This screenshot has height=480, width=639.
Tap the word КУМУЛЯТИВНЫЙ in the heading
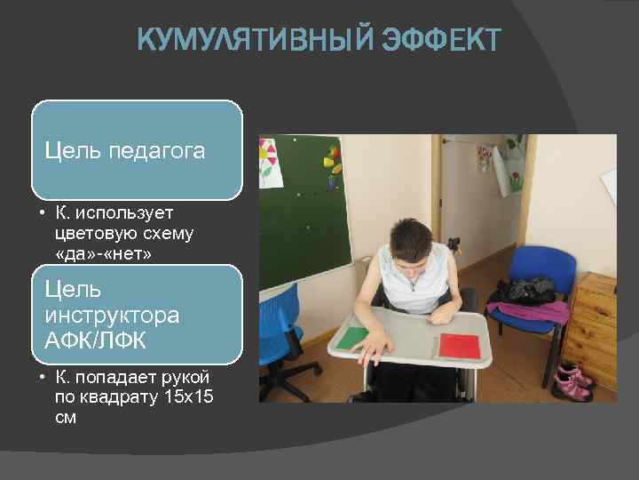(256, 41)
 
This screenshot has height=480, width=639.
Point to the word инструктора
(112, 316)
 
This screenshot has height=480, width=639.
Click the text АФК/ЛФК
(95, 341)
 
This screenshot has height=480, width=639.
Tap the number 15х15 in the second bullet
(190, 396)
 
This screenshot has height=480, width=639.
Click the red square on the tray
(459, 345)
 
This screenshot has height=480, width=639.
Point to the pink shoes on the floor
(572, 381)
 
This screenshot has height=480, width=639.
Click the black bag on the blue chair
(527, 290)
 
